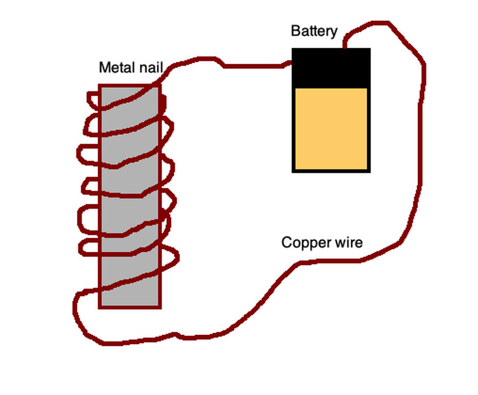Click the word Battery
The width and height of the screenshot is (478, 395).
[x=314, y=31]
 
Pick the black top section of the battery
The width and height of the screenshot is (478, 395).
[x=332, y=67]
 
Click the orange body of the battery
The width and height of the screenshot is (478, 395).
[x=332, y=129]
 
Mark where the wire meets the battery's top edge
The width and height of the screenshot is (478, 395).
[x=345, y=48]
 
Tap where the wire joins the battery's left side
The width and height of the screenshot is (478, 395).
[x=293, y=62]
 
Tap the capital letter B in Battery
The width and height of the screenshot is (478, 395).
[x=295, y=31]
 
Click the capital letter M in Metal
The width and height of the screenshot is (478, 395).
[x=104, y=67]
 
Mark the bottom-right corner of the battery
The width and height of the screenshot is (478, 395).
[x=370, y=171]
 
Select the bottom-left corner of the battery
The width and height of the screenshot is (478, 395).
[x=294, y=171]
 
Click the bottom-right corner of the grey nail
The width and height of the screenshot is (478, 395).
[x=160, y=307]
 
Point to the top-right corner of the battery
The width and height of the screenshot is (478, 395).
[x=370, y=49]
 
